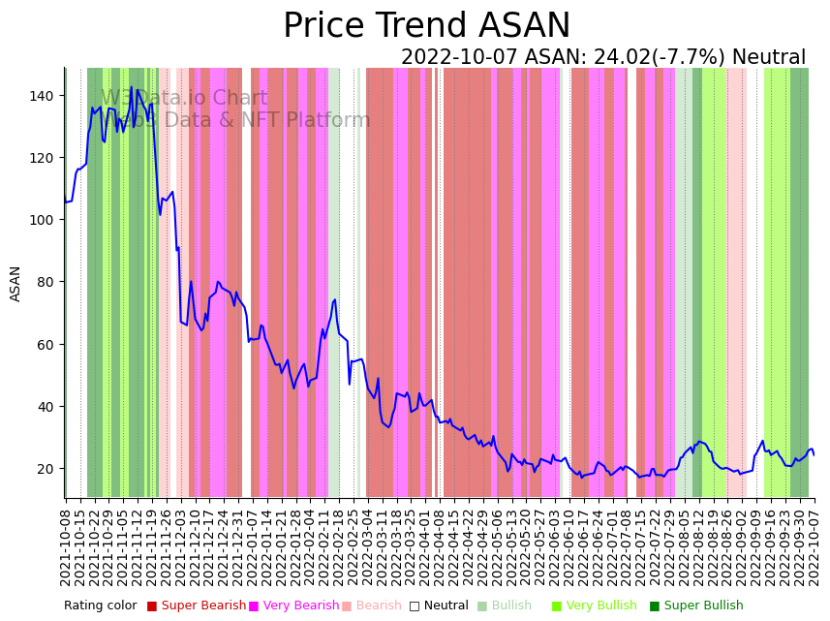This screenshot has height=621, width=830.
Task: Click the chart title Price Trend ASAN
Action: pos(426,26)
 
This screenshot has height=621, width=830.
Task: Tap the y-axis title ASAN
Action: pos(15,284)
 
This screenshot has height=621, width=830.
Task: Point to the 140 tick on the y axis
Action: pos(45,95)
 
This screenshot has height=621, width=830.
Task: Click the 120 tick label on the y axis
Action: pos(45,158)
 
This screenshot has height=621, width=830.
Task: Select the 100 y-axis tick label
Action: pos(45,220)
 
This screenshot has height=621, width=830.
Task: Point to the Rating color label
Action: pos(101,606)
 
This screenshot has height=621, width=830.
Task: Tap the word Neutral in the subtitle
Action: pos(768,58)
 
